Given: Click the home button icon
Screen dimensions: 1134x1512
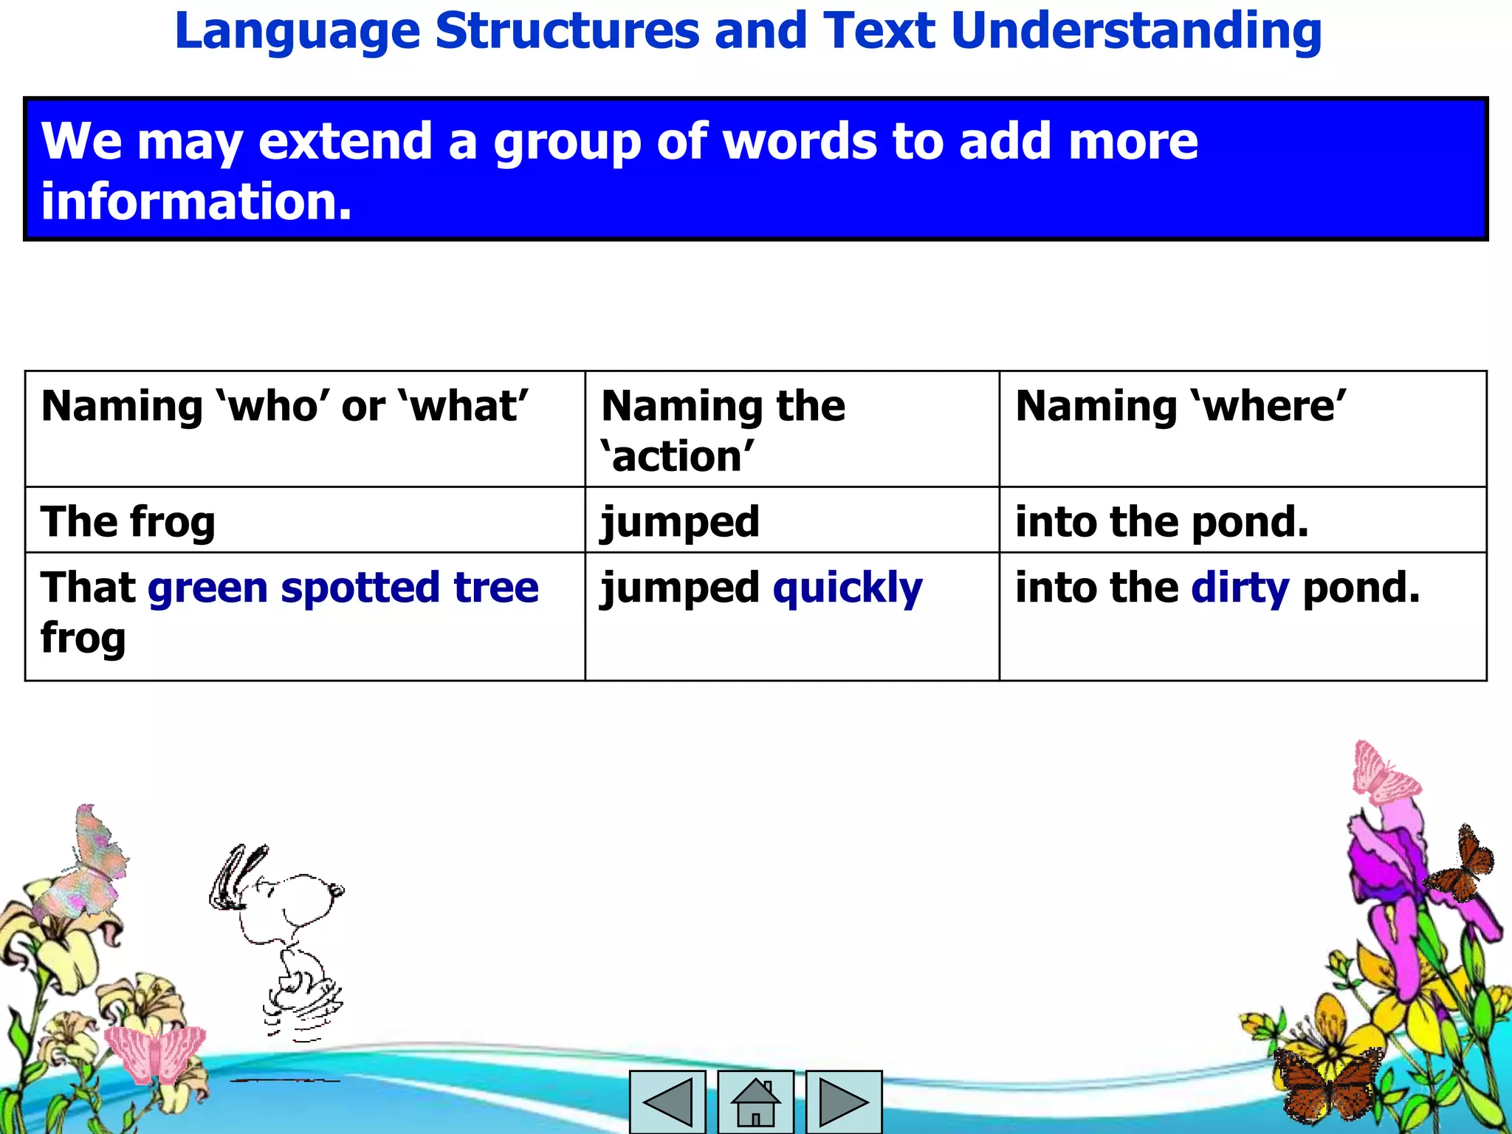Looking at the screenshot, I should (755, 1102).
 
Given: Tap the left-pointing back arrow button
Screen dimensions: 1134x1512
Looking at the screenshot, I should (667, 1102).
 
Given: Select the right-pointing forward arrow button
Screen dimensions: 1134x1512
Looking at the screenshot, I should (843, 1102).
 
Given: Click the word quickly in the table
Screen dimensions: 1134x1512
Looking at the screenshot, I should (848, 588).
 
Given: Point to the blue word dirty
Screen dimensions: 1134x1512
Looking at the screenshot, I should (1240, 588).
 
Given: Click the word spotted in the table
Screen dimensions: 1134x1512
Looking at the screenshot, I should (360, 588).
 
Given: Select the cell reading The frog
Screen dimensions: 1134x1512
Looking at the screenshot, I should (128, 522).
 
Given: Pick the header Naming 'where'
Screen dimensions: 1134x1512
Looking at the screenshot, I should (1181, 406).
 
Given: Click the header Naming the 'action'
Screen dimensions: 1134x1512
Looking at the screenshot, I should (723, 430).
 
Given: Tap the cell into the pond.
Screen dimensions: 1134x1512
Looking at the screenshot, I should (1161, 522).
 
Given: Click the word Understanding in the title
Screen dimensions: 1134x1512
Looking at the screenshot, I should (1136, 31).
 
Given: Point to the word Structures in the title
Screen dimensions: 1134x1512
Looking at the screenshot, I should (567, 31).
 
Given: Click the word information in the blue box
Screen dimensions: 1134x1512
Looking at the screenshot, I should (196, 202).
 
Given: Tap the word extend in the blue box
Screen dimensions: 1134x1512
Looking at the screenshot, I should (345, 141).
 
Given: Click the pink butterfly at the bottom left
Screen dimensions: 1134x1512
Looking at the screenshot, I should (155, 1054).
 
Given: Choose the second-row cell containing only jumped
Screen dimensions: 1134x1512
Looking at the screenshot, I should (680, 522).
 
